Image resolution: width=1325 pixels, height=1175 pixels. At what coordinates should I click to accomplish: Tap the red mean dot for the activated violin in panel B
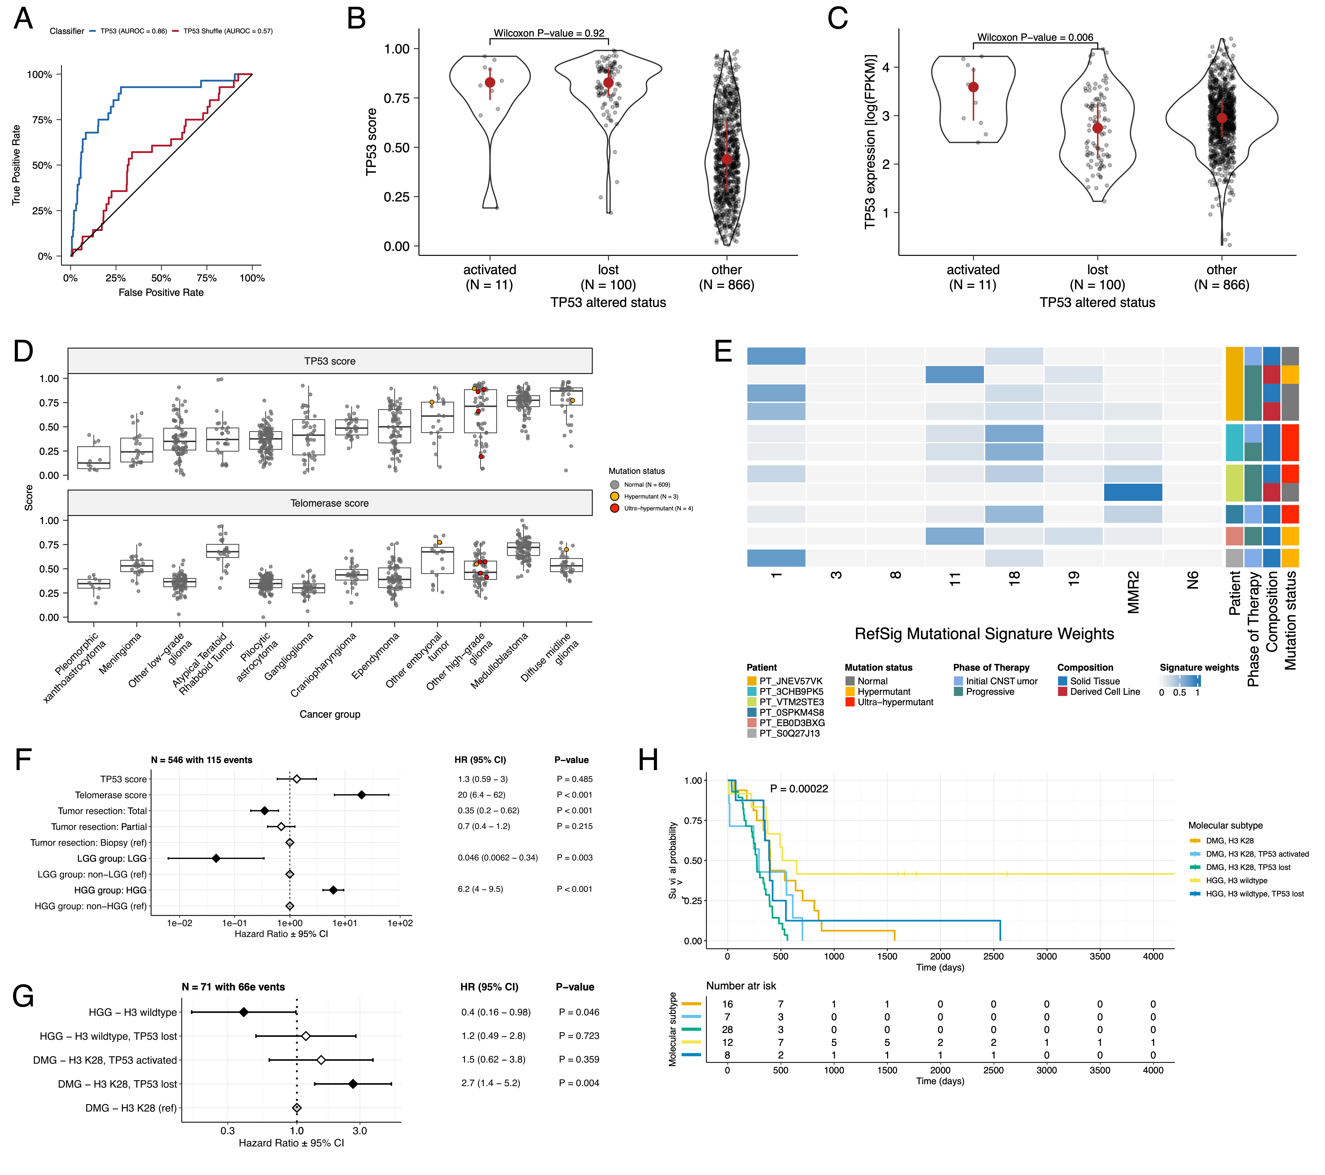pyautogui.click(x=490, y=82)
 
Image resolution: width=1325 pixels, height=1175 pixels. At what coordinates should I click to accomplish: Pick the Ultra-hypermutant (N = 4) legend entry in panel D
pyautogui.click(x=658, y=508)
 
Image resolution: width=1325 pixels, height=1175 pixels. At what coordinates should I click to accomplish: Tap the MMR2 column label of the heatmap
pyautogui.click(x=1133, y=591)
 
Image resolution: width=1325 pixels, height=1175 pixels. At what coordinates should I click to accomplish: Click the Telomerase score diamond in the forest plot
pyautogui.click(x=362, y=795)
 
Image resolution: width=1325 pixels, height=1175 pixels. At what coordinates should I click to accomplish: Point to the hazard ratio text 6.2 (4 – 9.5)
pyautogui.click(x=480, y=889)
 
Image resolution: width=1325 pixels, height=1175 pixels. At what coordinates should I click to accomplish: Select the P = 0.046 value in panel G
pyautogui.click(x=579, y=1012)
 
